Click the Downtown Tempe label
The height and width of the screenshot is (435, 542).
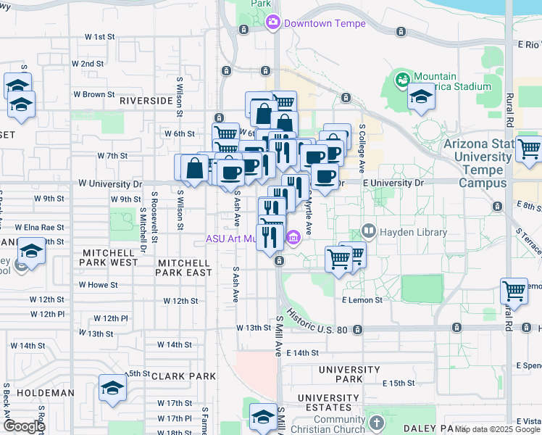(x=325, y=23)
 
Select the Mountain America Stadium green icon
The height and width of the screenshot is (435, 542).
(x=401, y=78)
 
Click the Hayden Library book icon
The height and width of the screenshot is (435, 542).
(x=368, y=232)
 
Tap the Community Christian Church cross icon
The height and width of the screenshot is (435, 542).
(x=375, y=422)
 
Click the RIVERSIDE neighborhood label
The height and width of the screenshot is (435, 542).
(x=146, y=100)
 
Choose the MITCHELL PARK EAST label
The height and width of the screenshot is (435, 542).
(x=185, y=268)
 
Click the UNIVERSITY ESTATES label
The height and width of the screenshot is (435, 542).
(x=328, y=403)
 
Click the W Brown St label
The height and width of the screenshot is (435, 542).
(x=93, y=94)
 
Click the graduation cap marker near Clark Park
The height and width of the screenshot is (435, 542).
(x=112, y=388)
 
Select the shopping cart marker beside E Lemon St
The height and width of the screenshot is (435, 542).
(x=514, y=291)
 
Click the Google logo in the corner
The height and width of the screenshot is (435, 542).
(x=24, y=426)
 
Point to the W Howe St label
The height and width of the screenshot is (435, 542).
(x=98, y=285)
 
